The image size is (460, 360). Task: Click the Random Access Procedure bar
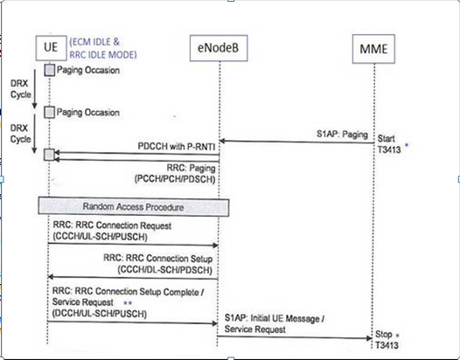(x=133, y=207)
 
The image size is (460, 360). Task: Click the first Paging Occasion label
(x=87, y=69)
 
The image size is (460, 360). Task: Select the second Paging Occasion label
(x=87, y=113)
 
